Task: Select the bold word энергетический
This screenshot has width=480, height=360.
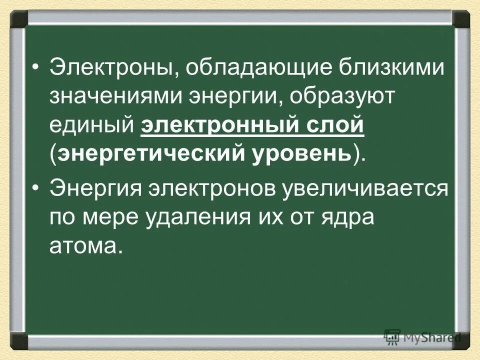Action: coord(144,153)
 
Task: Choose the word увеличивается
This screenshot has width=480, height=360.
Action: coord(364,190)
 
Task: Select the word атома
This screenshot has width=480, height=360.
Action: coord(85,246)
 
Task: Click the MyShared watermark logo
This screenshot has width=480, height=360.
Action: coord(422,337)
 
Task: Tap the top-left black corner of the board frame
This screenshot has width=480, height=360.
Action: coord(19,19)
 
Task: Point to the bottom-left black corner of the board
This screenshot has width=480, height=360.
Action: coord(19,341)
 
